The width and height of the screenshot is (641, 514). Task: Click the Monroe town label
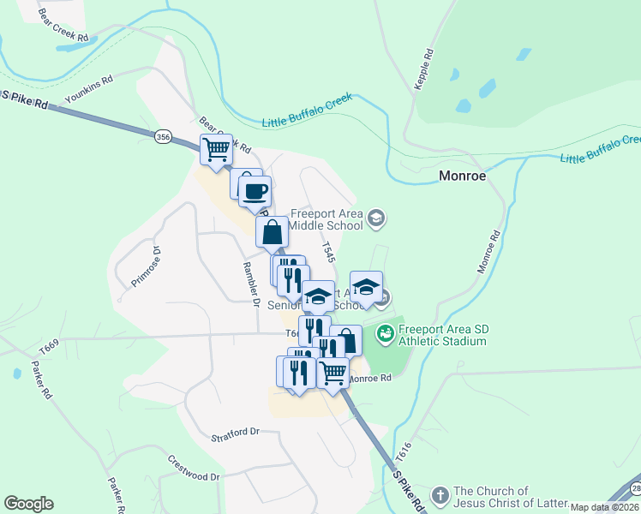click(462, 176)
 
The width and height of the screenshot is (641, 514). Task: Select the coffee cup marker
click(255, 191)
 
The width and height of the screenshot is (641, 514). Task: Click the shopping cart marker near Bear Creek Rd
click(217, 149)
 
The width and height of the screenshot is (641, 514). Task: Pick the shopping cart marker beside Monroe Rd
click(333, 373)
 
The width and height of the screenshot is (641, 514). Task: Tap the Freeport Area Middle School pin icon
click(375, 219)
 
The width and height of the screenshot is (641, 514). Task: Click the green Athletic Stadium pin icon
click(385, 330)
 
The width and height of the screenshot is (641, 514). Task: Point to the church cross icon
click(440, 495)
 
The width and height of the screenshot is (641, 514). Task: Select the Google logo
click(28, 504)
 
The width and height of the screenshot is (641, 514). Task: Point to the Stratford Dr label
click(235, 433)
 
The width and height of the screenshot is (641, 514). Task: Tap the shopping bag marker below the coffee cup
click(272, 231)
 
